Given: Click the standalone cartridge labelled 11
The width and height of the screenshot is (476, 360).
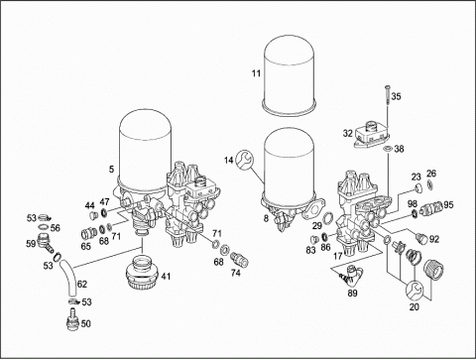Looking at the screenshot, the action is (289, 76).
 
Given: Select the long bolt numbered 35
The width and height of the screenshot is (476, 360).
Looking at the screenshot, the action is (387, 95).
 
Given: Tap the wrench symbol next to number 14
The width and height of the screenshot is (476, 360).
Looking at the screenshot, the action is (245, 159).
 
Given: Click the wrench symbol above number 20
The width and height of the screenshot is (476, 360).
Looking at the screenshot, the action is (415, 290).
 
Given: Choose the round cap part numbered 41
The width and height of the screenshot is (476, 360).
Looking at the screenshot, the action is (143, 274).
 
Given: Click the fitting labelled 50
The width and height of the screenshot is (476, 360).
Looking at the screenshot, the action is (72, 318).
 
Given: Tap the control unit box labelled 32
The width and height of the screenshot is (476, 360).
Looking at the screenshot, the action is (370, 136).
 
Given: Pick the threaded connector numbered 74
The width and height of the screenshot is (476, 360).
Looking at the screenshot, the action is (240, 260).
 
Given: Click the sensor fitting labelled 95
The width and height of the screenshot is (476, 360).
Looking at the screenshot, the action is (431, 207).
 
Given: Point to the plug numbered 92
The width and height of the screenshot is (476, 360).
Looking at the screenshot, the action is (422, 237).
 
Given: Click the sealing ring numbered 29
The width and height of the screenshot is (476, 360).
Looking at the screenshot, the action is (328, 218).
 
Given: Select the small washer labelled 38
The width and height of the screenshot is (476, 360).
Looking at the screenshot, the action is (388, 149).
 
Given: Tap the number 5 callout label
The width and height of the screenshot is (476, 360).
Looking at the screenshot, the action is (111, 170).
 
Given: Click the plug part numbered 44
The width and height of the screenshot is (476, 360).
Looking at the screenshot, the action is (93, 216).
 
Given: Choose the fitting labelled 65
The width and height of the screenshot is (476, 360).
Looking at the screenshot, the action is (88, 234).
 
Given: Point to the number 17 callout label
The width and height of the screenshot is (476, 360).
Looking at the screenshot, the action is (337, 256).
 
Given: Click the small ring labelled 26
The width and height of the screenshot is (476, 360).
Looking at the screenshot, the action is (429, 185).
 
